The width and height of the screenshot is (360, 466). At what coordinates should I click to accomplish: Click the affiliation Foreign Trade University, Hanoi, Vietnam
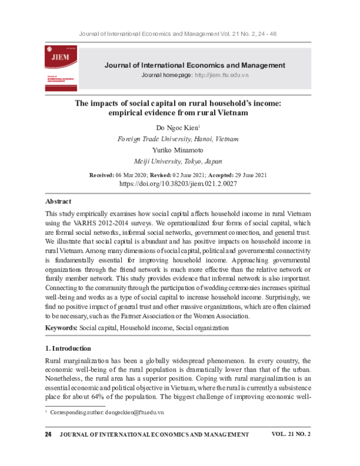(178, 139)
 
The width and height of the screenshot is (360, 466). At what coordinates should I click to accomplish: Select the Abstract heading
(58, 201)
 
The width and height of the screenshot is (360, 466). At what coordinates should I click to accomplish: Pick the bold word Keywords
(61, 328)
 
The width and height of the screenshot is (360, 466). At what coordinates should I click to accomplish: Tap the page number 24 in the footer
(49, 434)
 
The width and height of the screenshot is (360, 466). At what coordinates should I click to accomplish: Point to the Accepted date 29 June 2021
(246, 174)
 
